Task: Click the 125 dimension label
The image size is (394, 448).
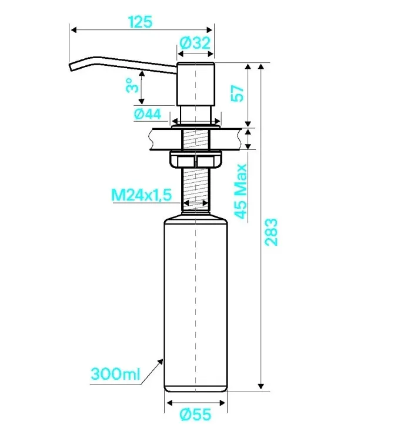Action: pyautogui.click(x=140, y=22)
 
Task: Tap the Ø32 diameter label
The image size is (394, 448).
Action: pyautogui.click(x=195, y=43)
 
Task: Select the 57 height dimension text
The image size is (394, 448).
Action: pyautogui.click(x=238, y=93)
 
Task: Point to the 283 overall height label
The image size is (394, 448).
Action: pyautogui.click(x=271, y=232)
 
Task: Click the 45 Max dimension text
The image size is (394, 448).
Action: pyautogui.click(x=241, y=191)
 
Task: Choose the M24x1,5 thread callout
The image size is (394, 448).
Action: pyautogui.click(x=142, y=195)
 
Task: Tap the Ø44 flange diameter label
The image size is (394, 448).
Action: pyautogui.click(x=148, y=114)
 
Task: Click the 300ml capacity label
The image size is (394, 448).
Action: pyautogui.click(x=115, y=373)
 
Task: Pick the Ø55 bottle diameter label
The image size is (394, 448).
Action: pyautogui.click(x=195, y=414)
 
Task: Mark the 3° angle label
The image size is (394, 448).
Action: pyautogui.click(x=132, y=85)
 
